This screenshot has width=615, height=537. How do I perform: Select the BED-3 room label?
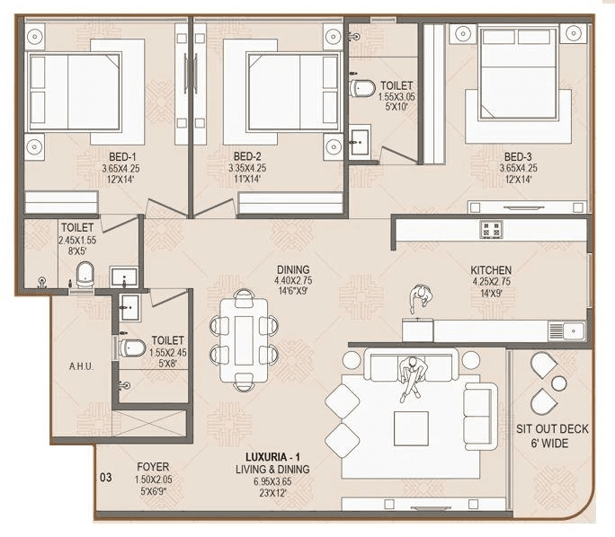[518, 154]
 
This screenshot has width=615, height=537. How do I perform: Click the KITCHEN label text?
[491, 269]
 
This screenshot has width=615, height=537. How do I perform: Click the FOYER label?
[153, 467]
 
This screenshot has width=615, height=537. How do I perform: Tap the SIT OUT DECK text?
[552, 429]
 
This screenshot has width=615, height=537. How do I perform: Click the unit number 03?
[105, 478]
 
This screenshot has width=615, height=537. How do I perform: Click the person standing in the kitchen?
[420, 297]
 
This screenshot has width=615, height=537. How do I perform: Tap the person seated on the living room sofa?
[412, 377]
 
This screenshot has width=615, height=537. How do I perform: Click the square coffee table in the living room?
[411, 427]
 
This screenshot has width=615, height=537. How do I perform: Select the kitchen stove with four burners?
[491, 229]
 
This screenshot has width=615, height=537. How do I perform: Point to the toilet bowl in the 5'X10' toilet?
[361, 88]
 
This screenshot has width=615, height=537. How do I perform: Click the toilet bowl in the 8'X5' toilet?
[85, 275]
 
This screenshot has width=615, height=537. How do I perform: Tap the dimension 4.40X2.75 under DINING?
[293, 281]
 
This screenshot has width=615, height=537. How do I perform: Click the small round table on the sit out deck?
[559, 383]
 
